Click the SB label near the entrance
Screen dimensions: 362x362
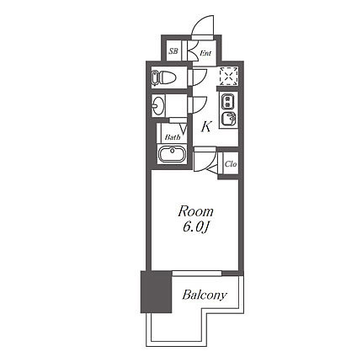click(173, 51)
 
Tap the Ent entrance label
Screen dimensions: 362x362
click(205, 53)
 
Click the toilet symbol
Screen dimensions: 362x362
click(163, 77)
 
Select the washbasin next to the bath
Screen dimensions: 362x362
click(158, 105)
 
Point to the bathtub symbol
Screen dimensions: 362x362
click(173, 154)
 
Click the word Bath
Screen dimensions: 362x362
click(173, 137)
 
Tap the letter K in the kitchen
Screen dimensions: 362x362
click(205, 127)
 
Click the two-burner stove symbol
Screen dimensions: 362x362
click(228, 101)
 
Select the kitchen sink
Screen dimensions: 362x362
click(228, 120)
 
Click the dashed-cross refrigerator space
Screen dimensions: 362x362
click(229, 77)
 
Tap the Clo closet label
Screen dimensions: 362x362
click(231, 163)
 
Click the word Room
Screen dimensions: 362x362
click(195, 211)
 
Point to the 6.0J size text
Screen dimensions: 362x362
click(195, 227)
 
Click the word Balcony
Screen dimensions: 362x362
click(204, 295)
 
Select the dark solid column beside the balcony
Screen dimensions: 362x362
click(156, 292)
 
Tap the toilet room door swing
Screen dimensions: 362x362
click(200, 77)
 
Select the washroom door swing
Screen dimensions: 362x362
click(200, 104)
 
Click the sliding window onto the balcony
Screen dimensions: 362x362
click(197, 274)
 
